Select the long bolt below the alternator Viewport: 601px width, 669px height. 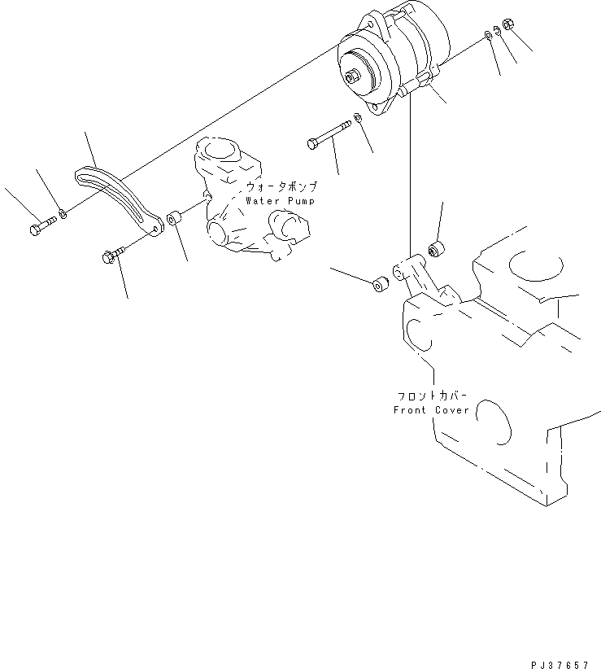326,135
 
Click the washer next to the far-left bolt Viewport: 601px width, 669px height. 63,216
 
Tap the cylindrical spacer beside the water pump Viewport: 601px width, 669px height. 172,221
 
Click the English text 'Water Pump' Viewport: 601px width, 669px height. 281,200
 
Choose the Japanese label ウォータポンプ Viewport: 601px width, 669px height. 281,186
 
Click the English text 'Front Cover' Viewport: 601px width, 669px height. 431,410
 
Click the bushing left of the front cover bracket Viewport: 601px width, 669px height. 378,286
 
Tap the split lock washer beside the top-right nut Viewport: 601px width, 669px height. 496,33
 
